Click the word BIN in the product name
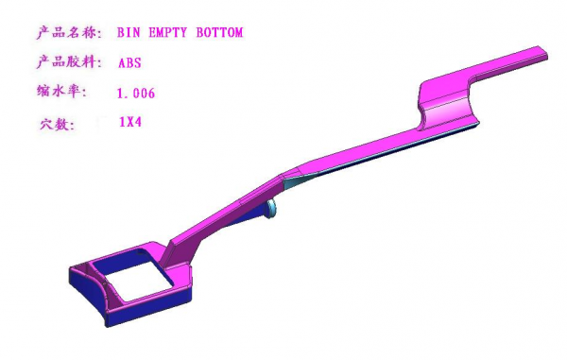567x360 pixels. click(x=129, y=33)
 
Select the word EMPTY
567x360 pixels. click(x=166, y=33)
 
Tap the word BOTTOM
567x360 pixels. click(x=219, y=33)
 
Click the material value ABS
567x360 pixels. click(x=129, y=63)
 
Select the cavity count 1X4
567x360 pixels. click(x=131, y=122)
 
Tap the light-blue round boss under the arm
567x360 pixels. click(x=272, y=209)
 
